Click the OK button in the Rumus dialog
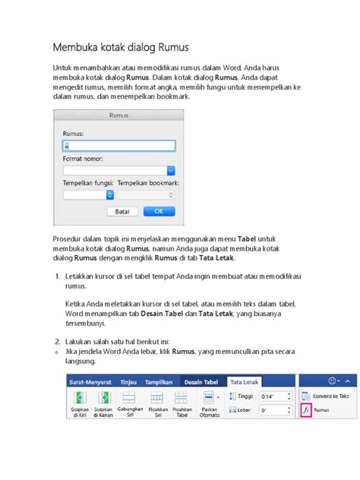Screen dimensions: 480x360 158,211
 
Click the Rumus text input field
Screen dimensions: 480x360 118,145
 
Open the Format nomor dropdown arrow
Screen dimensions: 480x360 171,171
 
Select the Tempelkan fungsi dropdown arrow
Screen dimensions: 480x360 110,194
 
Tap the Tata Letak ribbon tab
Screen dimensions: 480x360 245,381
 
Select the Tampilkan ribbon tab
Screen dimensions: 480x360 158,381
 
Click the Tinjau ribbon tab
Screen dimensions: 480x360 128,381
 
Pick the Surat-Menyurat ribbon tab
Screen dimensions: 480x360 90,381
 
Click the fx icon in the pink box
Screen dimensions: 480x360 305,410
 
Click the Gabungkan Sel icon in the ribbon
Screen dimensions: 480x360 129,398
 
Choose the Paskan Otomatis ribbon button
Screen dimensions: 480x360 209,398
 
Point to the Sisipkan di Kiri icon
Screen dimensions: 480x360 78,398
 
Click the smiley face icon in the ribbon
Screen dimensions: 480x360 332,380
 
